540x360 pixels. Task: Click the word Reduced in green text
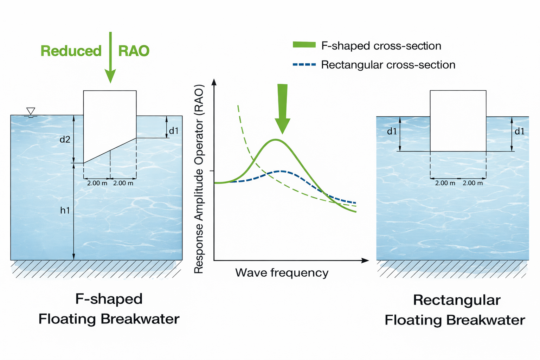71,51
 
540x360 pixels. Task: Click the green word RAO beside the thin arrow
134,51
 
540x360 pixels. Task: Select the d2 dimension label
65,140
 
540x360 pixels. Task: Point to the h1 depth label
65,210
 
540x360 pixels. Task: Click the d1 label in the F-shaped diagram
174,131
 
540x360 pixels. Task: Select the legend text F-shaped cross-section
381,46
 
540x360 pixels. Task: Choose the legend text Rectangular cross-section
388,65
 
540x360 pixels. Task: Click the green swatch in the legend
304,45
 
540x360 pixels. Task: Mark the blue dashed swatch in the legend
304,65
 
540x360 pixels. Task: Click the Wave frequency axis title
282,273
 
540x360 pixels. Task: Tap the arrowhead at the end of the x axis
366,261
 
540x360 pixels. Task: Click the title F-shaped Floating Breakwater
109,309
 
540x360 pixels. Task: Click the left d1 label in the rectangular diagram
392,131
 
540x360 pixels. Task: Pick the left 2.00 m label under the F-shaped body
97,183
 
